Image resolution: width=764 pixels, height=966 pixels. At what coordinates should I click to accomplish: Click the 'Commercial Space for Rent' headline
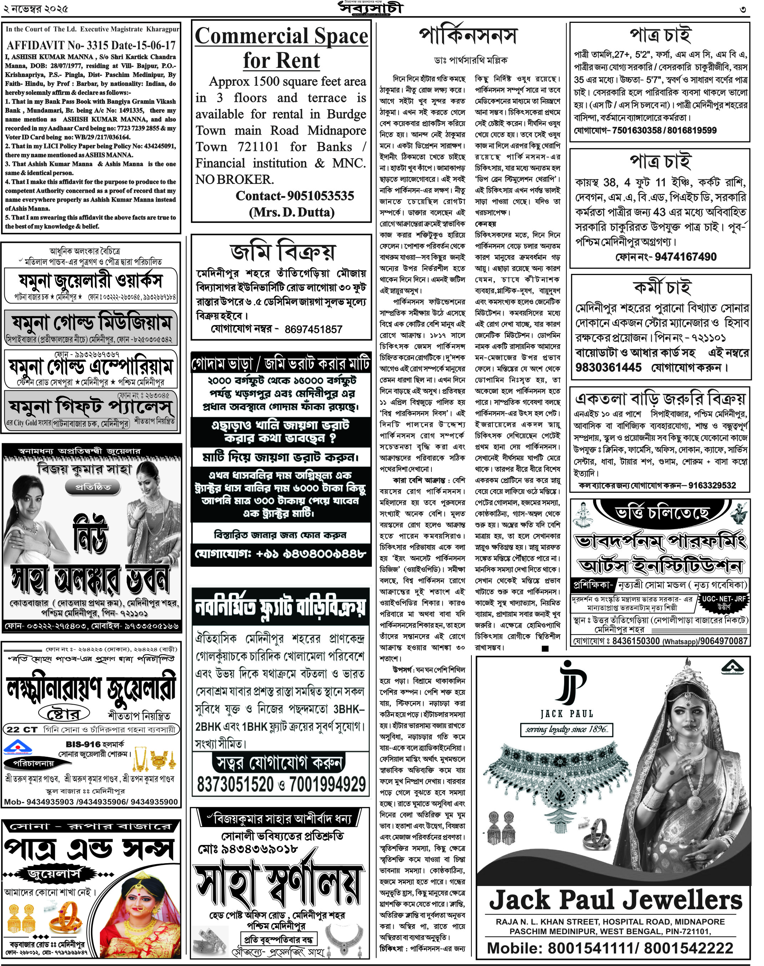click(281, 48)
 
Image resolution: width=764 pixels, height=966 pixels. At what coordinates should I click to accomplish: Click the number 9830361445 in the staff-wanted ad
click(608, 367)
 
